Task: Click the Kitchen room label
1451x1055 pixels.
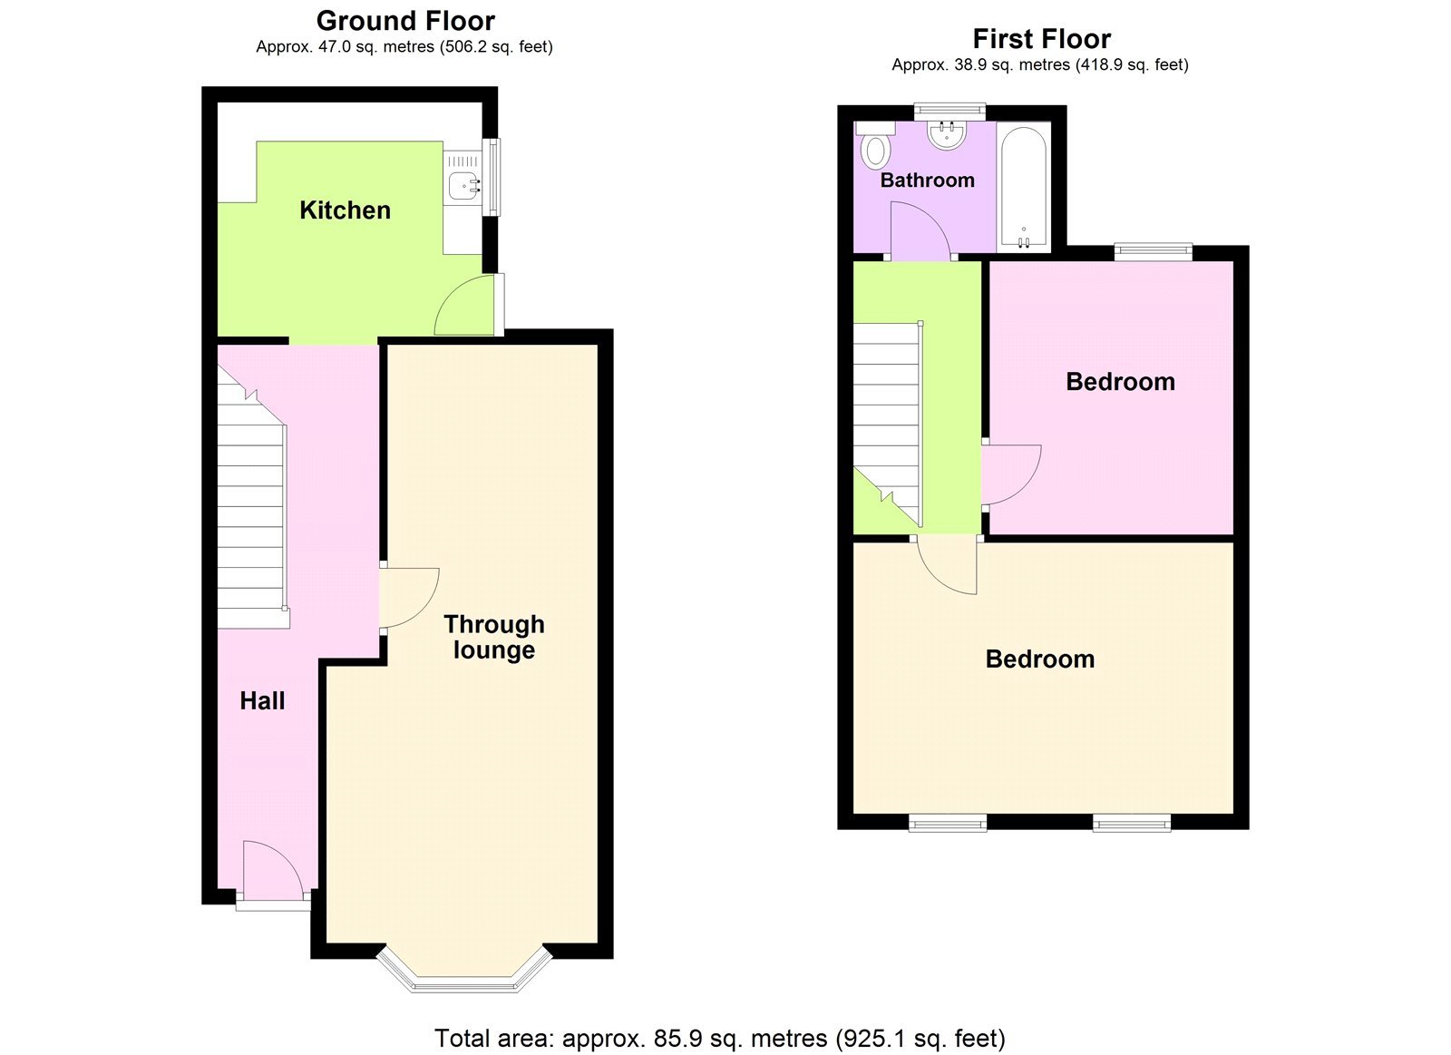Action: (345, 210)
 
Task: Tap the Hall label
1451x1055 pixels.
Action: (262, 700)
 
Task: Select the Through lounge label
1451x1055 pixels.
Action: (493, 637)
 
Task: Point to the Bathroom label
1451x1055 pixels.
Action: (927, 180)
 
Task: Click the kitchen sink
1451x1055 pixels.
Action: (463, 184)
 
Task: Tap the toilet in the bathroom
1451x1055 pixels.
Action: (875, 149)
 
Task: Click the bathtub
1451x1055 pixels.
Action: (1024, 187)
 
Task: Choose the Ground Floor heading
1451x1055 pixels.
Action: (405, 21)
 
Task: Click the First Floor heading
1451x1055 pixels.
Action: (1041, 39)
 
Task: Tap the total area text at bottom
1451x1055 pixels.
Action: (719, 1038)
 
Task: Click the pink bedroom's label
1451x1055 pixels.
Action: (1120, 382)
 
